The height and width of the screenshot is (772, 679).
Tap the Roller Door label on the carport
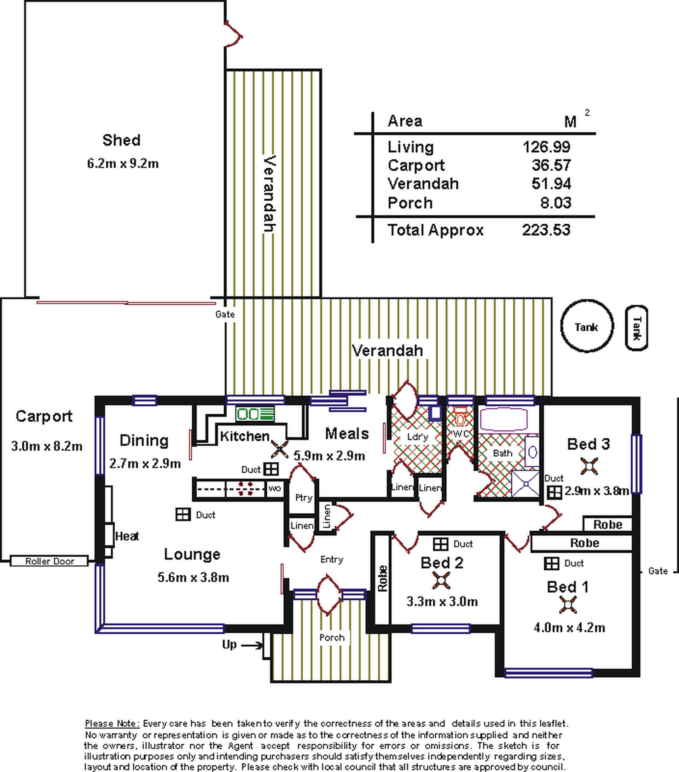pyautogui.click(x=50, y=561)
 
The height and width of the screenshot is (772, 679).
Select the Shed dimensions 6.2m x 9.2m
pyautogui.click(x=123, y=163)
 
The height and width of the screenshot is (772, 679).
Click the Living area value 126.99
pyautogui.click(x=546, y=146)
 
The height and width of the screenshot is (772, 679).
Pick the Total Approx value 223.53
pyautogui.click(x=546, y=230)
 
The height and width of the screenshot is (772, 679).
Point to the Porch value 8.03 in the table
pyautogui.click(x=556, y=203)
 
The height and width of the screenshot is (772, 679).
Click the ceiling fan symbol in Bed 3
pyautogui.click(x=589, y=466)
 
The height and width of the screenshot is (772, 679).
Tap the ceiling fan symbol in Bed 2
pyautogui.click(x=441, y=581)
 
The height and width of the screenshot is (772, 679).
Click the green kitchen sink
pyautogui.click(x=255, y=414)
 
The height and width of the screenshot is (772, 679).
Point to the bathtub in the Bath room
pyautogui.click(x=504, y=419)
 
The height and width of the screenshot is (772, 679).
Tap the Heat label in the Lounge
pyautogui.click(x=127, y=536)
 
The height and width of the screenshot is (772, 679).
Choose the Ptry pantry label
pyautogui.click(x=304, y=498)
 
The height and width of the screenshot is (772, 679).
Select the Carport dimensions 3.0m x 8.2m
pyautogui.click(x=47, y=447)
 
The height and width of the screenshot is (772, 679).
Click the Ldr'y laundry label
pyautogui.click(x=418, y=437)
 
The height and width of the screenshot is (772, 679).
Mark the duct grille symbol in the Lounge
pyautogui.click(x=183, y=514)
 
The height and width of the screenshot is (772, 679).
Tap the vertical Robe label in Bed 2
pyautogui.click(x=382, y=578)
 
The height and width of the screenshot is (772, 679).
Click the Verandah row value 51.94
pyautogui.click(x=551, y=184)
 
